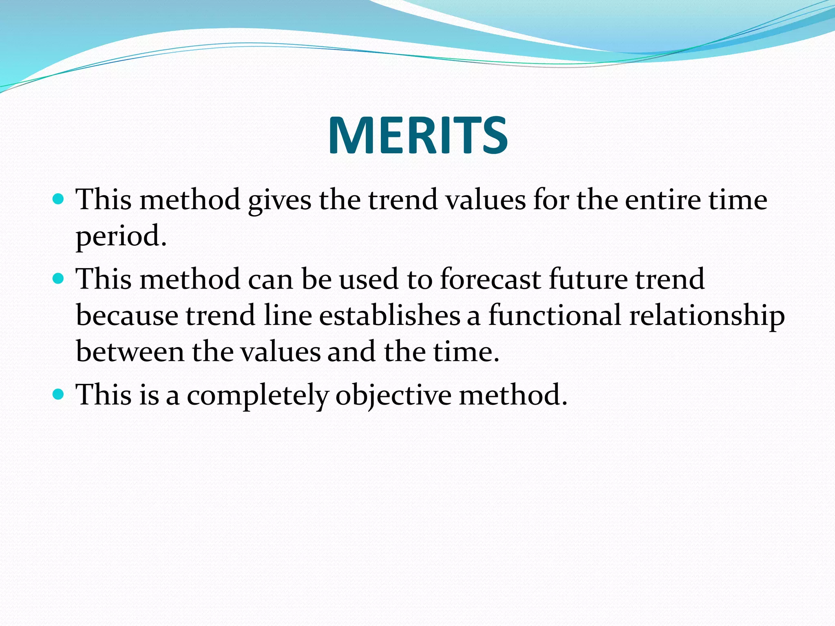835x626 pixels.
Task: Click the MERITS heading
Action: (417, 135)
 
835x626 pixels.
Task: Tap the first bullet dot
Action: (59, 199)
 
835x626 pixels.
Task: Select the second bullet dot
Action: (59, 279)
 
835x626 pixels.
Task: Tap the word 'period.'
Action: (121, 236)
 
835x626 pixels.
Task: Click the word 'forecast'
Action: (490, 279)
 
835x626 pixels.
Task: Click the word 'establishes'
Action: (389, 315)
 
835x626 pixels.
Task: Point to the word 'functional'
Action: (555, 315)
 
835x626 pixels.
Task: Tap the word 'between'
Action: (130, 352)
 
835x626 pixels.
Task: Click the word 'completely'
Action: (258, 396)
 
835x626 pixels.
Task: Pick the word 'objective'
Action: (393, 396)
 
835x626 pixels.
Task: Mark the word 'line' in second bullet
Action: (287, 315)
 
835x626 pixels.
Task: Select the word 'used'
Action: (368, 279)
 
